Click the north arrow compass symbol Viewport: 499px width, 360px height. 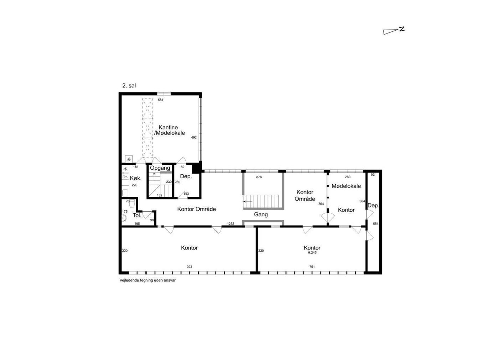(393, 31)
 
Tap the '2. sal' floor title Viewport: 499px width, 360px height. (129, 86)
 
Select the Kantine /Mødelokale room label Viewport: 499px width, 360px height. (169, 130)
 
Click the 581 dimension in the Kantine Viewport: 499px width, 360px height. (160, 100)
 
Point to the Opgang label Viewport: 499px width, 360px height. (160, 168)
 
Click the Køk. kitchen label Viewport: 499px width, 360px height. (136, 178)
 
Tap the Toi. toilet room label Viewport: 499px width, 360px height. (137, 215)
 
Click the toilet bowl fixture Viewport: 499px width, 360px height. (132, 204)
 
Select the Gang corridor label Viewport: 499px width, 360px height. (261, 215)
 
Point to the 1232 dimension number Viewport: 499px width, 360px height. (231, 224)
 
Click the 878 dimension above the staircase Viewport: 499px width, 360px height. (259, 177)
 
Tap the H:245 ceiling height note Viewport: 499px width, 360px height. (312, 253)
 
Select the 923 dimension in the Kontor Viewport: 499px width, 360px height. (189, 267)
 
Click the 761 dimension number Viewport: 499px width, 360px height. (312, 267)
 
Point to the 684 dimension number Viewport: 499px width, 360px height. (376, 224)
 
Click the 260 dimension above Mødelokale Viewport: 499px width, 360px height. (348, 177)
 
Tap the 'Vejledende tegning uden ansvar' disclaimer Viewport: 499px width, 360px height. (148, 280)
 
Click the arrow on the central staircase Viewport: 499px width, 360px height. (247, 202)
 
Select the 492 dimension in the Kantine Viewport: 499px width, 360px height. (194, 138)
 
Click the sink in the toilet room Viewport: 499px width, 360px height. (124, 218)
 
